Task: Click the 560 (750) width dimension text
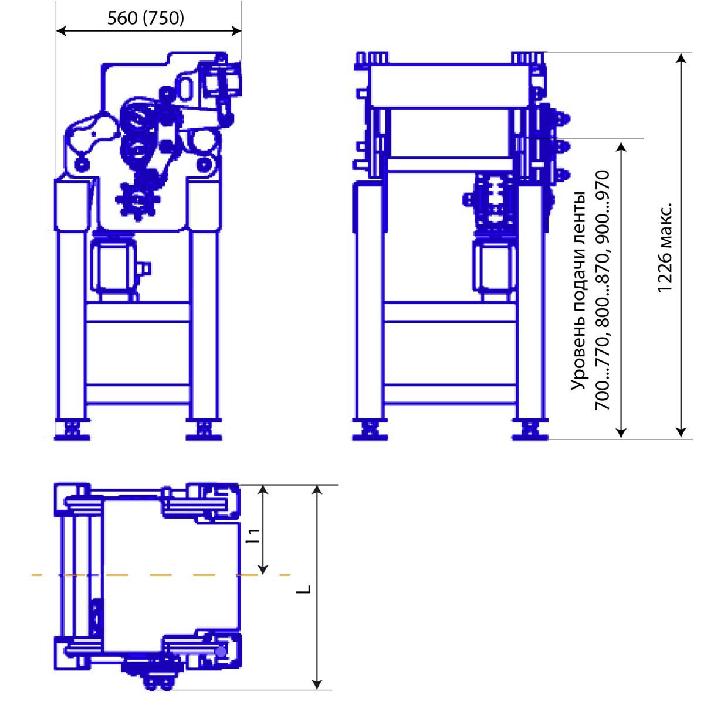point(145,18)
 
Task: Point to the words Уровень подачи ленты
point(578,291)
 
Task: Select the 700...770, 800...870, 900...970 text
point(603,290)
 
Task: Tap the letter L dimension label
point(303,589)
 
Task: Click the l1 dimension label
point(253,536)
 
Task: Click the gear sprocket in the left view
point(138,201)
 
